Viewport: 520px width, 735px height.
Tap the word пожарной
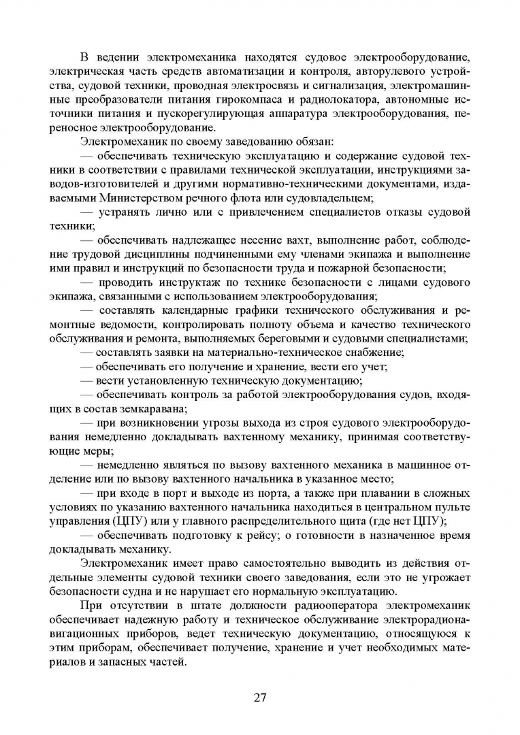click(x=382, y=268)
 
